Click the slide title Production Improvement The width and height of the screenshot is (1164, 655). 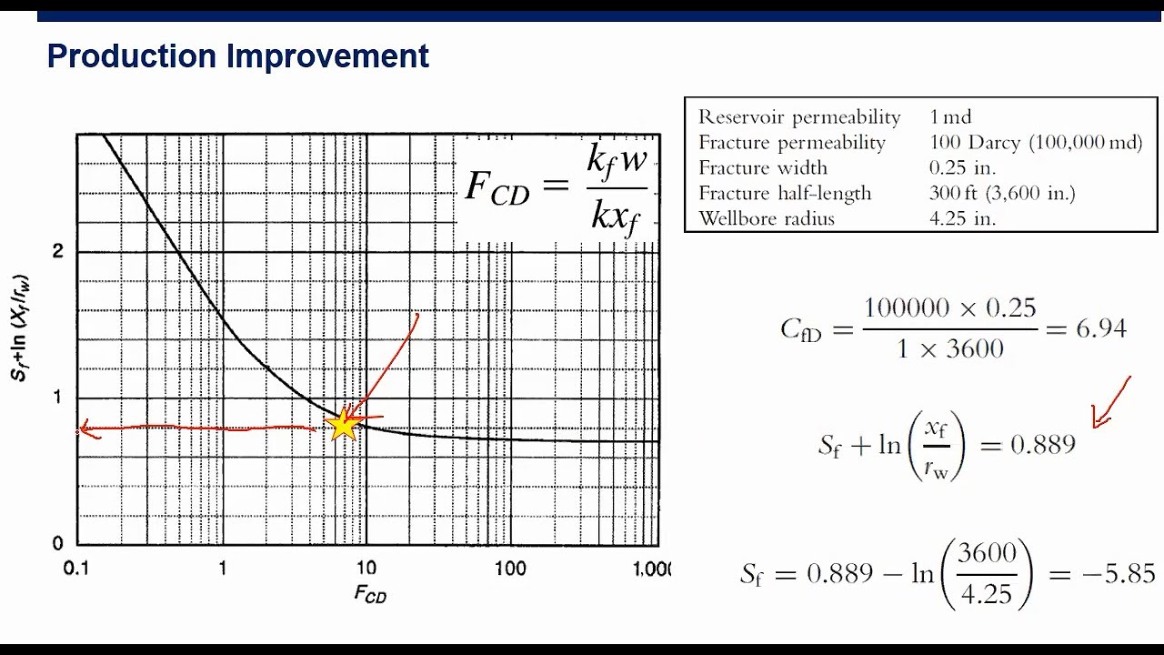coord(237,56)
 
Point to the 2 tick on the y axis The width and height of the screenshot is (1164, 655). coord(58,251)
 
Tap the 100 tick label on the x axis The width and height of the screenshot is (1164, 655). coord(510,569)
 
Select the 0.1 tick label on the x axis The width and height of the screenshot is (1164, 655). coord(76,569)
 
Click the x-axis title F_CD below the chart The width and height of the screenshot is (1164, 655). coord(370,595)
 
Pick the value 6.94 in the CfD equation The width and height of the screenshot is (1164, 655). coord(1101,328)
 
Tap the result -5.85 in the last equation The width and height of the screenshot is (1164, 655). coord(1125,574)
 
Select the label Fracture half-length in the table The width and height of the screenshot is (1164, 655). coord(785,193)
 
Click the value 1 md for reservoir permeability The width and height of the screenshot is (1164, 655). coord(950,116)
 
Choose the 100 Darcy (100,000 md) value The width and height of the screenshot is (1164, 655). coord(1036,142)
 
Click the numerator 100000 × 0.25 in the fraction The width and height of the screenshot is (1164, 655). coord(949,307)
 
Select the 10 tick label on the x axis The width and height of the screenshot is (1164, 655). coord(366,569)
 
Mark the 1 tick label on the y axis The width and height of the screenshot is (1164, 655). coord(58,398)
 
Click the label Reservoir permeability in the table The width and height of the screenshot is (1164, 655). coord(799,116)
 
